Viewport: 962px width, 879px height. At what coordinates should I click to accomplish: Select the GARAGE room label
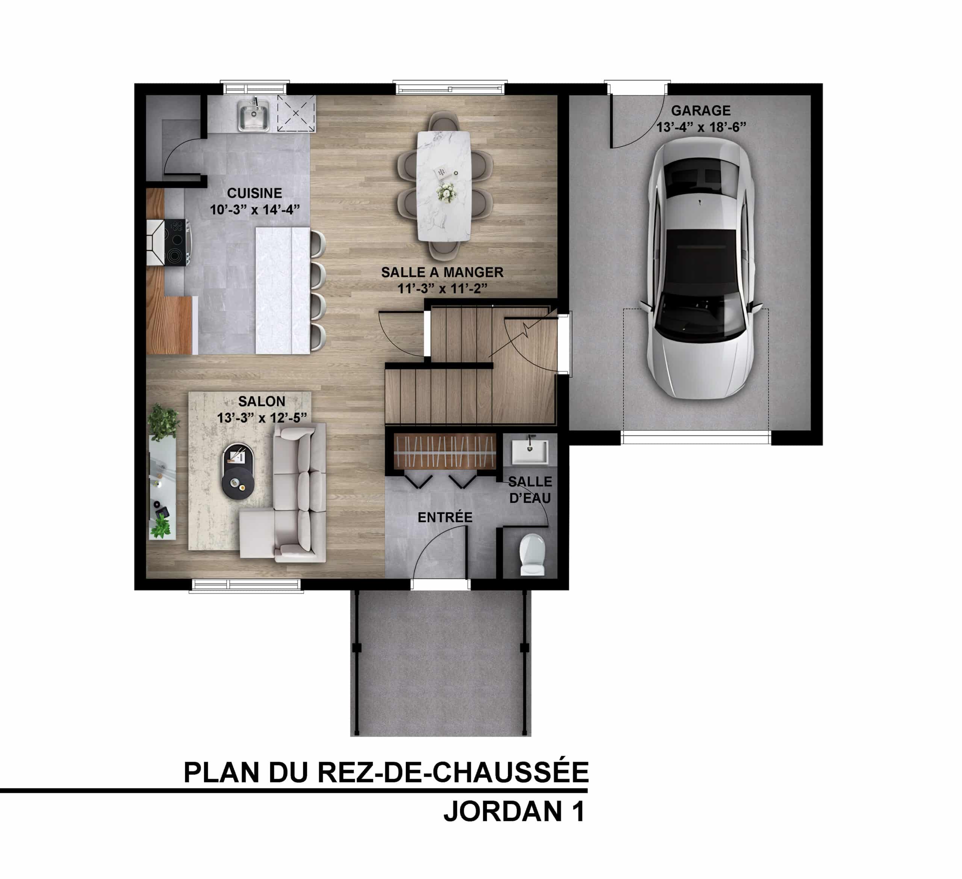click(x=701, y=111)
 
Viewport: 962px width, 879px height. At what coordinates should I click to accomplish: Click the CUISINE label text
click(x=254, y=193)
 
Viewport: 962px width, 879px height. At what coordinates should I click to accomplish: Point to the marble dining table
click(x=444, y=186)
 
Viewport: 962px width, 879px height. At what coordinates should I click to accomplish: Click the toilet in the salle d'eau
click(x=532, y=554)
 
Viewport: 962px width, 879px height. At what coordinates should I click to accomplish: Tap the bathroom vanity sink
click(x=530, y=452)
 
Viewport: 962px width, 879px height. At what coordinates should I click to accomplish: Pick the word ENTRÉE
click(x=445, y=518)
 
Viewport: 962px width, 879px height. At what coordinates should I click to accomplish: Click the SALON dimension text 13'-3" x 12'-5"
click(x=262, y=418)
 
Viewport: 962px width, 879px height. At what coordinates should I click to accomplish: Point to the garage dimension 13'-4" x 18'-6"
click(x=701, y=127)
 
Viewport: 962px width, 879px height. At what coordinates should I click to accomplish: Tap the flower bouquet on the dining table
click(x=446, y=192)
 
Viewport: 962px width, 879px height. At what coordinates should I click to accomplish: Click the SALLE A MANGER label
click(x=442, y=272)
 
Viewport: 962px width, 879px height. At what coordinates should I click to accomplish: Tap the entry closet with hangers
click(x=444, y=451)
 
